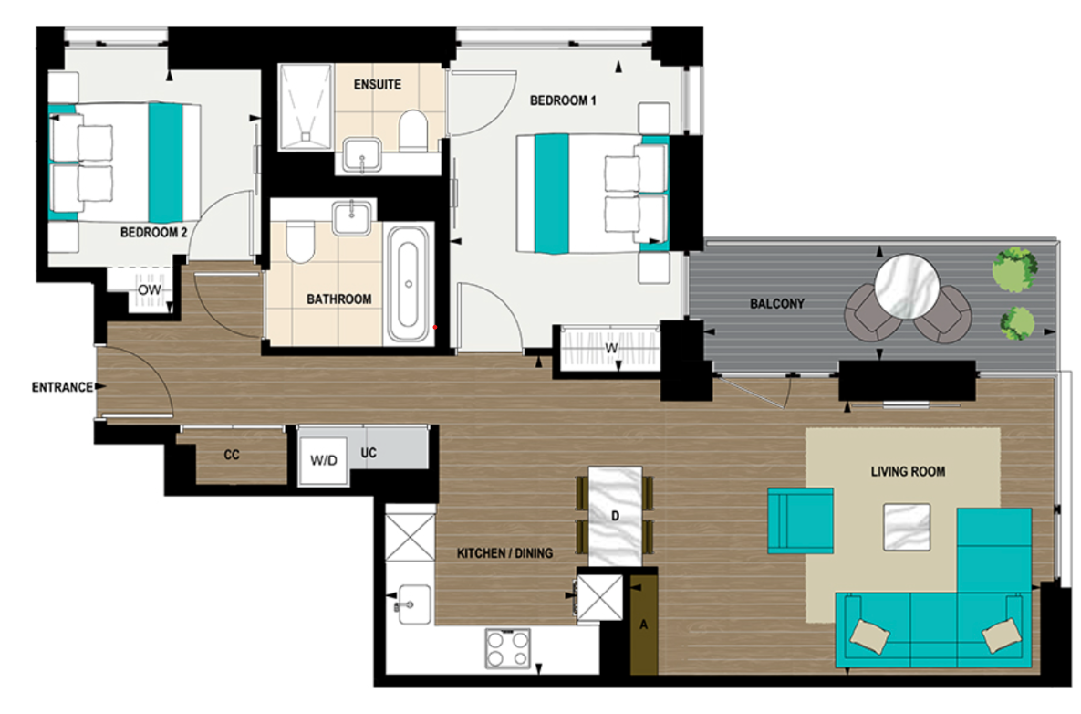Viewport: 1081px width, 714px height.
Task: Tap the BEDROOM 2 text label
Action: click(x=153, y=233)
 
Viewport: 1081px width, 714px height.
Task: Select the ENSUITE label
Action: click(x=378, y=84)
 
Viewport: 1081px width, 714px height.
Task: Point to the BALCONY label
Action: click(x=776, y=303)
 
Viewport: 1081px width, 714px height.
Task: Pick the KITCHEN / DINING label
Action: click(x=504, y=552)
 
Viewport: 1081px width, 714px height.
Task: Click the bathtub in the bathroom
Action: click(x=407, y=283)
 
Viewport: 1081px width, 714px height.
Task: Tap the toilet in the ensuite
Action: click(x=414, y=131)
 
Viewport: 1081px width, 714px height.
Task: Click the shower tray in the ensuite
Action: click(x=306, y=106)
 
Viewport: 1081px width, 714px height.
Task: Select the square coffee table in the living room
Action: click(x=907, y=527)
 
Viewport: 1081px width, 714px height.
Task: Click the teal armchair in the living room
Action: click(x=800, y=520)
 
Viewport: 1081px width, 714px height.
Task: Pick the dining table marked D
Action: click(x=616, y=516)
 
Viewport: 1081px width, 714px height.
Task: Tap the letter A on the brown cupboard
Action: click(x=643, y=625)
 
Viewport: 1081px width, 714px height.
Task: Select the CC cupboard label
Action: click(x=232, y=454)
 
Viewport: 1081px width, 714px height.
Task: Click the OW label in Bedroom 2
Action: click(x=150, y=290)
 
